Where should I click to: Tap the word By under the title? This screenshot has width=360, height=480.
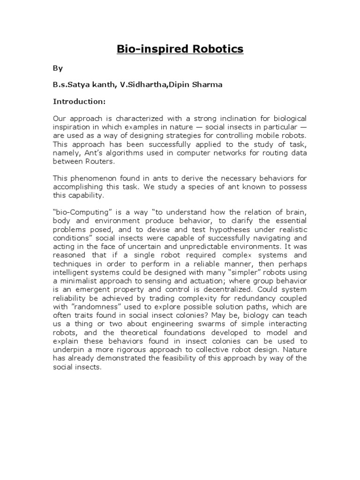pyautogui.click(x=57, y=68)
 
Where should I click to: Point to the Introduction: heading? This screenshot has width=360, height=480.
pyautogui.click(x=79, y=101)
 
